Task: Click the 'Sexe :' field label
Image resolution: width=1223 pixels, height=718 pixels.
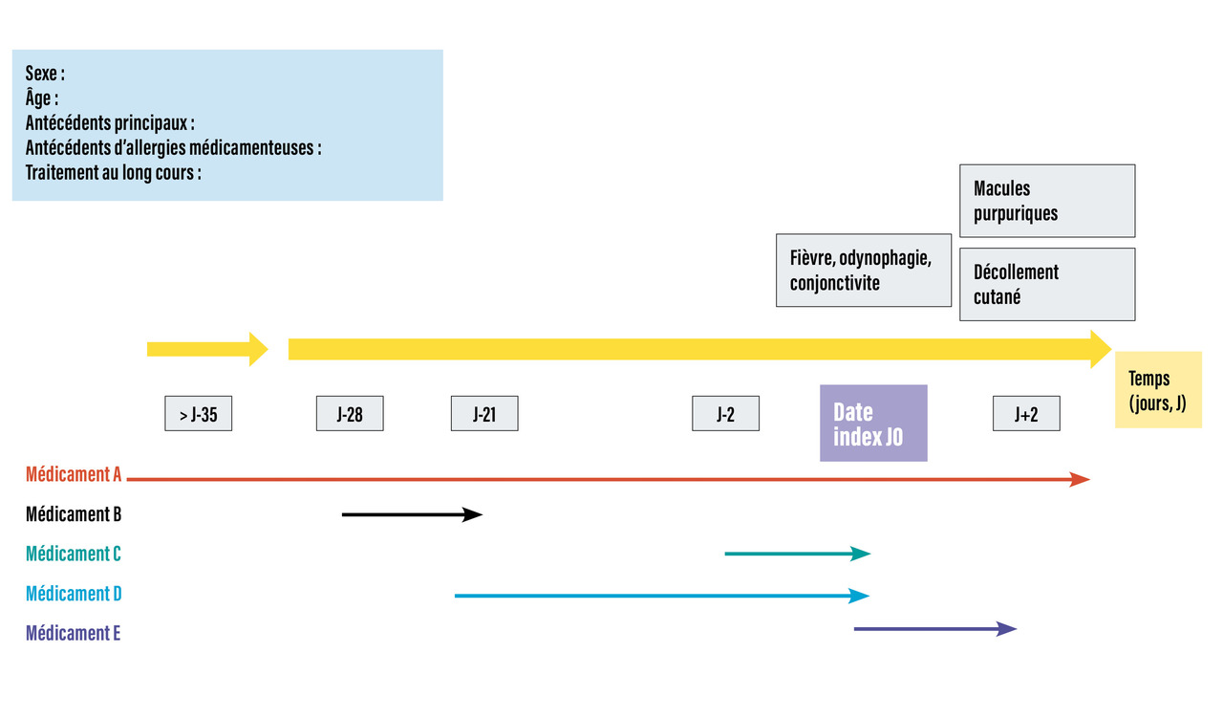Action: [45, 74]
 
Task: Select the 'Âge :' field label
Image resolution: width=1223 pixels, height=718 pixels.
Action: [42, 98]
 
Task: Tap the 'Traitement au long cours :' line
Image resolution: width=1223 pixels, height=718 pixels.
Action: [113, 174]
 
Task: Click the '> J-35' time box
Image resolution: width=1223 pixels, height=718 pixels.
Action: [198, 415]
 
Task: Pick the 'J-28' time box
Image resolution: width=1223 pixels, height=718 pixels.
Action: [350, 415]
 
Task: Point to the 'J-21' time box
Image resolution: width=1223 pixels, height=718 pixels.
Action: [484, 415]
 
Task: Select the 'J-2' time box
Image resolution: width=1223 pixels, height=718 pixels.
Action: [725, 415]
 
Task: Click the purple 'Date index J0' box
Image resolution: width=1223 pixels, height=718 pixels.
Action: [873, 424]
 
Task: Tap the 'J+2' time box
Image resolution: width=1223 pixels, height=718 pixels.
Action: [1026, 415]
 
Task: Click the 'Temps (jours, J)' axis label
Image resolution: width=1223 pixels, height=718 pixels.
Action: [1157, 390]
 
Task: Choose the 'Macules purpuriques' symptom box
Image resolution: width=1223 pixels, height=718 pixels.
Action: [1047, 201]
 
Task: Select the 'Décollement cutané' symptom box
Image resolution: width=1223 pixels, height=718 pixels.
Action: [1047, 284]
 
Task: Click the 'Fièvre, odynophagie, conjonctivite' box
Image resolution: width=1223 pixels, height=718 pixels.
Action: [863, 271]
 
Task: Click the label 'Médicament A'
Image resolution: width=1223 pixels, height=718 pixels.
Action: [74, 475]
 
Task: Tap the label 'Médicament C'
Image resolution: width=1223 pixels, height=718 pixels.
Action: [74, 554]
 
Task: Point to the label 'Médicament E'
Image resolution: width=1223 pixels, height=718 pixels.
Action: [74, 633]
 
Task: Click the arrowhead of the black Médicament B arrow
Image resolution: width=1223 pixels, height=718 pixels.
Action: [474, 514]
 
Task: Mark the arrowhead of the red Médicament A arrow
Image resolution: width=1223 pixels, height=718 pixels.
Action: [1081, 479]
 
